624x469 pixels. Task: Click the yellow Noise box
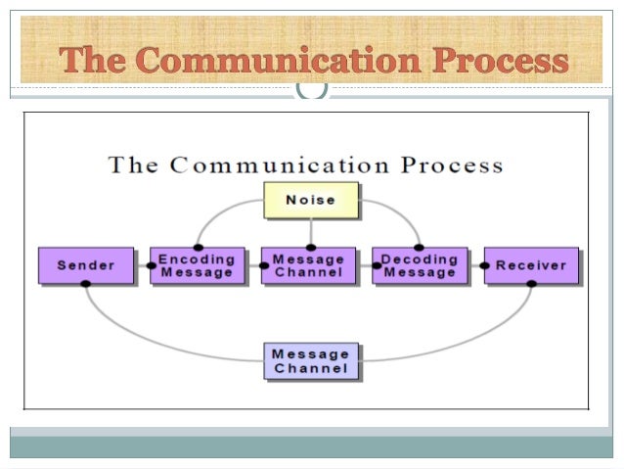coord(310,200)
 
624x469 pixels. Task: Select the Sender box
coord(85,265)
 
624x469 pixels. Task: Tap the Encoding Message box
coord(198,265)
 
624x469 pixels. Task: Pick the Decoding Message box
coord(420,265)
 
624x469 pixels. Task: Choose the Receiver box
coord(531,265)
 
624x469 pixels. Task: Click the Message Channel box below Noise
coord(309,265)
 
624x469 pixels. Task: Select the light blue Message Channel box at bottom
coord(310,361)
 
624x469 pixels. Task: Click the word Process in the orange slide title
coord(499,61)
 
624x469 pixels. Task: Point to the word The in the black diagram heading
coord(133,164)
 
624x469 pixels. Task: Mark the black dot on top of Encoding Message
coord(199,247)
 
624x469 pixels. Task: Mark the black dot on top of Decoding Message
coord(420,247)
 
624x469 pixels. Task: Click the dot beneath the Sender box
coord(86,284)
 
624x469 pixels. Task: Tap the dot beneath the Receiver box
coord(531,284)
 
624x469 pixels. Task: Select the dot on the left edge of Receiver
coord(484,265)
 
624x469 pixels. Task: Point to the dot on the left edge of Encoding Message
coord(152,265)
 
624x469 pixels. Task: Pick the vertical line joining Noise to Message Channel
coord(310,232)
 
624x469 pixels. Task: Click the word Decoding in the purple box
coord(420,259)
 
